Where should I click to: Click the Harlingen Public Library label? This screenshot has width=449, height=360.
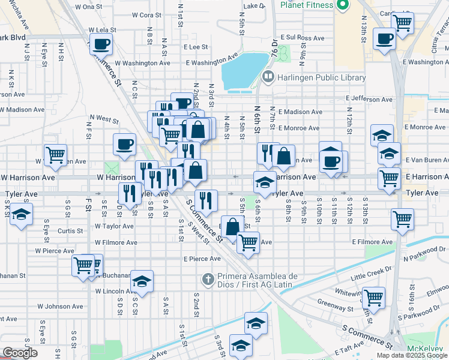point(322,77)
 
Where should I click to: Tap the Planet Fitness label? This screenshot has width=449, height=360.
point(306,5)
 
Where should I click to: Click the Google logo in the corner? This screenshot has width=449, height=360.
point(19,353)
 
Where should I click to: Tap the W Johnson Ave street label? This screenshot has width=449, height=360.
point(60,306)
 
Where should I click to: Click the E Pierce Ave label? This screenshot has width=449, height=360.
point(202,259)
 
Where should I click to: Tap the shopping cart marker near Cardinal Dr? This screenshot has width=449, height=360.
point(402,22)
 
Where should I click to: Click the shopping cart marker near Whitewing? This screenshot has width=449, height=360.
point(373,296)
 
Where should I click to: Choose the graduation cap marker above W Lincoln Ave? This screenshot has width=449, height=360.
point(142,280)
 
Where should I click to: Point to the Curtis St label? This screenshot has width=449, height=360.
point(70,230)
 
